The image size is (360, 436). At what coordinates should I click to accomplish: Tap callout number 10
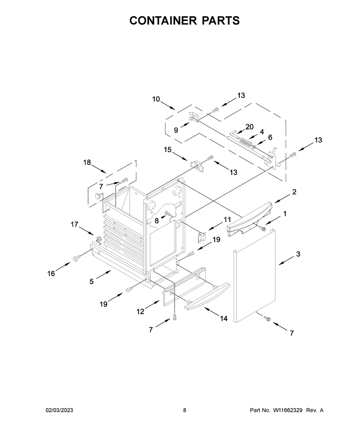[156, 99]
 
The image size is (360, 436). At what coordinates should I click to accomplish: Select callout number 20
[249, 127]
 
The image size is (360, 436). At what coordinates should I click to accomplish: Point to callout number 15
[167, 150]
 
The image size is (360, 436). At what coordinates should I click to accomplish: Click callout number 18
[87, 162]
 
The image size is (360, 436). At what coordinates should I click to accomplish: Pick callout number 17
[74, 224]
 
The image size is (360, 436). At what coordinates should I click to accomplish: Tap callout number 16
[51, 274]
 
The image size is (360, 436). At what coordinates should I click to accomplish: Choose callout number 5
[92, 282]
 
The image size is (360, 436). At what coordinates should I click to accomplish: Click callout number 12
[140, 311]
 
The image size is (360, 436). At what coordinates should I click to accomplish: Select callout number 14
[224, 318]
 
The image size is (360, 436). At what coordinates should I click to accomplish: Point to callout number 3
[298, 254]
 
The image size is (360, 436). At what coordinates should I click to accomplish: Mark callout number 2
[294, 191]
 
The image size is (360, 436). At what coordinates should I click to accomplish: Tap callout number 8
[157, 221]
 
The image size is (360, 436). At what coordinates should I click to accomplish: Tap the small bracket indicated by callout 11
[202, 237]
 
